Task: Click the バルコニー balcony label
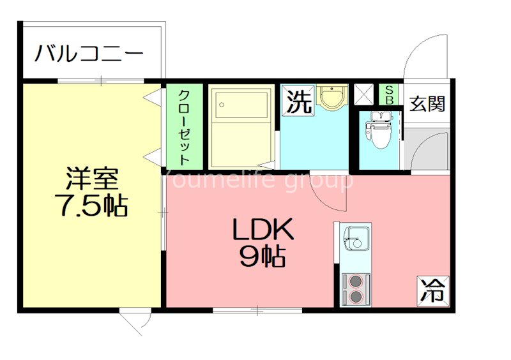point(89,52)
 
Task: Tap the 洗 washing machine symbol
point(299,101)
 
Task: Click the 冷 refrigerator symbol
point(433,291)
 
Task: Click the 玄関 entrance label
point(427,103)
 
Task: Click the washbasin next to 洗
point(332,97)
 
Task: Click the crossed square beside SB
point(364,94)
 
